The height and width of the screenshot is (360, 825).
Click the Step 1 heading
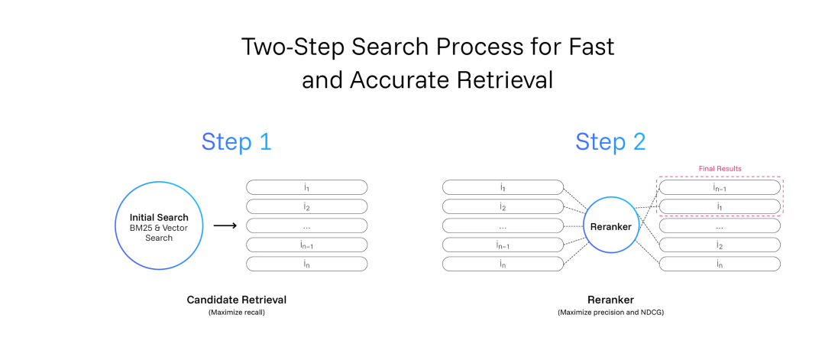pyautogui.click(x=236, y=142)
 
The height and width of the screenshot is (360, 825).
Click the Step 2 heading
pyautogui.click(x=610, y=142)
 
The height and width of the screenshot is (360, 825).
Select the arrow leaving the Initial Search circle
pyautogui.click(x=225, y=225)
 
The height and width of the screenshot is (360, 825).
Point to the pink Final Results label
pyautogui.click(x=720, y=169)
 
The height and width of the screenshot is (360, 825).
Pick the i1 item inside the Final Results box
pyautogui.click(x=720, y=206)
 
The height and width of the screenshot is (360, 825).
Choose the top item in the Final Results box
pyautogui.click(x=720, y=187)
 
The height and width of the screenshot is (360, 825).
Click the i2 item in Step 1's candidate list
pyautogui.click(x=307, y=206)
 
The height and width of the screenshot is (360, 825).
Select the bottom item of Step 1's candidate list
pyautogui.click(x=307, y=264)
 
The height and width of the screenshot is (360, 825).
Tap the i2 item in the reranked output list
pyautogui.click(x=720, y=245)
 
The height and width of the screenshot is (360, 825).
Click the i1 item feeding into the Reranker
pyautogui.click(x=503, y=187)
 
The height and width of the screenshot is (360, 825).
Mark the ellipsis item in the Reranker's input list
pyautogui.click(x=503, y=225)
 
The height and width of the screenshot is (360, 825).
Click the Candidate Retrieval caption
pyautogui.click(x=236, y=300)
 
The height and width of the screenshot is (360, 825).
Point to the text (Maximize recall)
pyautogui.click(x=236, y=313)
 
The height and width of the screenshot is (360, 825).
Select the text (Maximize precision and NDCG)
pyautogui.click(x=610, y=313)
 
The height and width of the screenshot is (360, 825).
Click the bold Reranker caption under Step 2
pyautogui.click(x=610, y=300)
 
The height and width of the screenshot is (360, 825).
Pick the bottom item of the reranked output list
pyautogui.click(x=720, y=264)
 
